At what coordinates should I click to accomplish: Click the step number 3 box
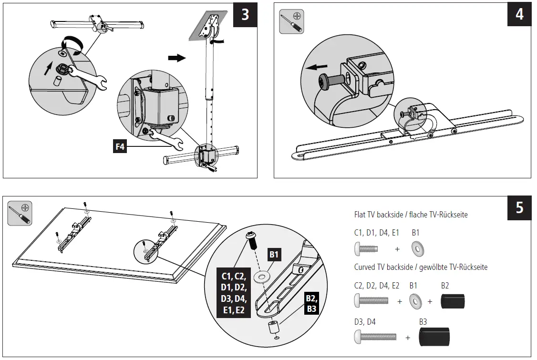coord(245,15)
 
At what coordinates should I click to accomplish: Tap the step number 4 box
coord(519,15)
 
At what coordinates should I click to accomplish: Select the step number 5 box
coord(519,208)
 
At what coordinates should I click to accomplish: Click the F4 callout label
coord(120,147)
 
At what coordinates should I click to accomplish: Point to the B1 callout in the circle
coord(274,255)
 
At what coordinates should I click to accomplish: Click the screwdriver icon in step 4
coord(291,21)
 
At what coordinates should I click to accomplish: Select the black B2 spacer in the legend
coord(452,301)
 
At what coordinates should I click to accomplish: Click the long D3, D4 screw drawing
coord(377,338)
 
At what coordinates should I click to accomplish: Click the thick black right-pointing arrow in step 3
coord(176,58)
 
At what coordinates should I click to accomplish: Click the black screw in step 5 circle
coord(251,239)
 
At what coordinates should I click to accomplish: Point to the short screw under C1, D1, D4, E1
coord(366,249)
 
